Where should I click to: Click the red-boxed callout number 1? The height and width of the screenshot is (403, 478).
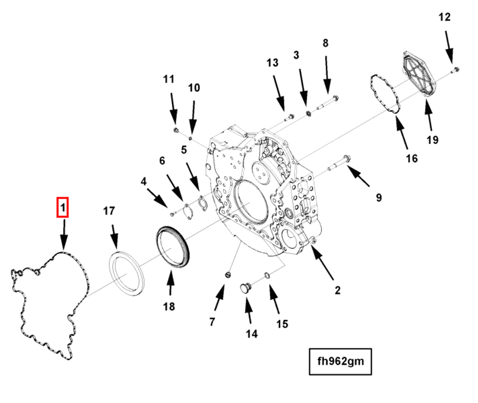(62, 207)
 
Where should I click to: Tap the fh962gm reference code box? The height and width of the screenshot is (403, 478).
(340, 361)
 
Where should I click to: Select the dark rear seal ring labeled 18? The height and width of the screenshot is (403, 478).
(173, 246)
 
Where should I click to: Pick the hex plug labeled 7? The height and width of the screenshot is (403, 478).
(228, 275)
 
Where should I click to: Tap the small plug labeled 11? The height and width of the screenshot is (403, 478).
(176, 130)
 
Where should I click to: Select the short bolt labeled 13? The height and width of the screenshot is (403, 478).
(289, 117)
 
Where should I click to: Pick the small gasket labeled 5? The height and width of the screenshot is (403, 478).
(203, 203)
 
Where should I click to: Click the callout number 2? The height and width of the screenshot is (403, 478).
(337, 290)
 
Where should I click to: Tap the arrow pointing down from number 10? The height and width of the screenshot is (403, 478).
(193, 117)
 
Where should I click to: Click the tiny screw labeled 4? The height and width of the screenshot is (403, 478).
(172, 214)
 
